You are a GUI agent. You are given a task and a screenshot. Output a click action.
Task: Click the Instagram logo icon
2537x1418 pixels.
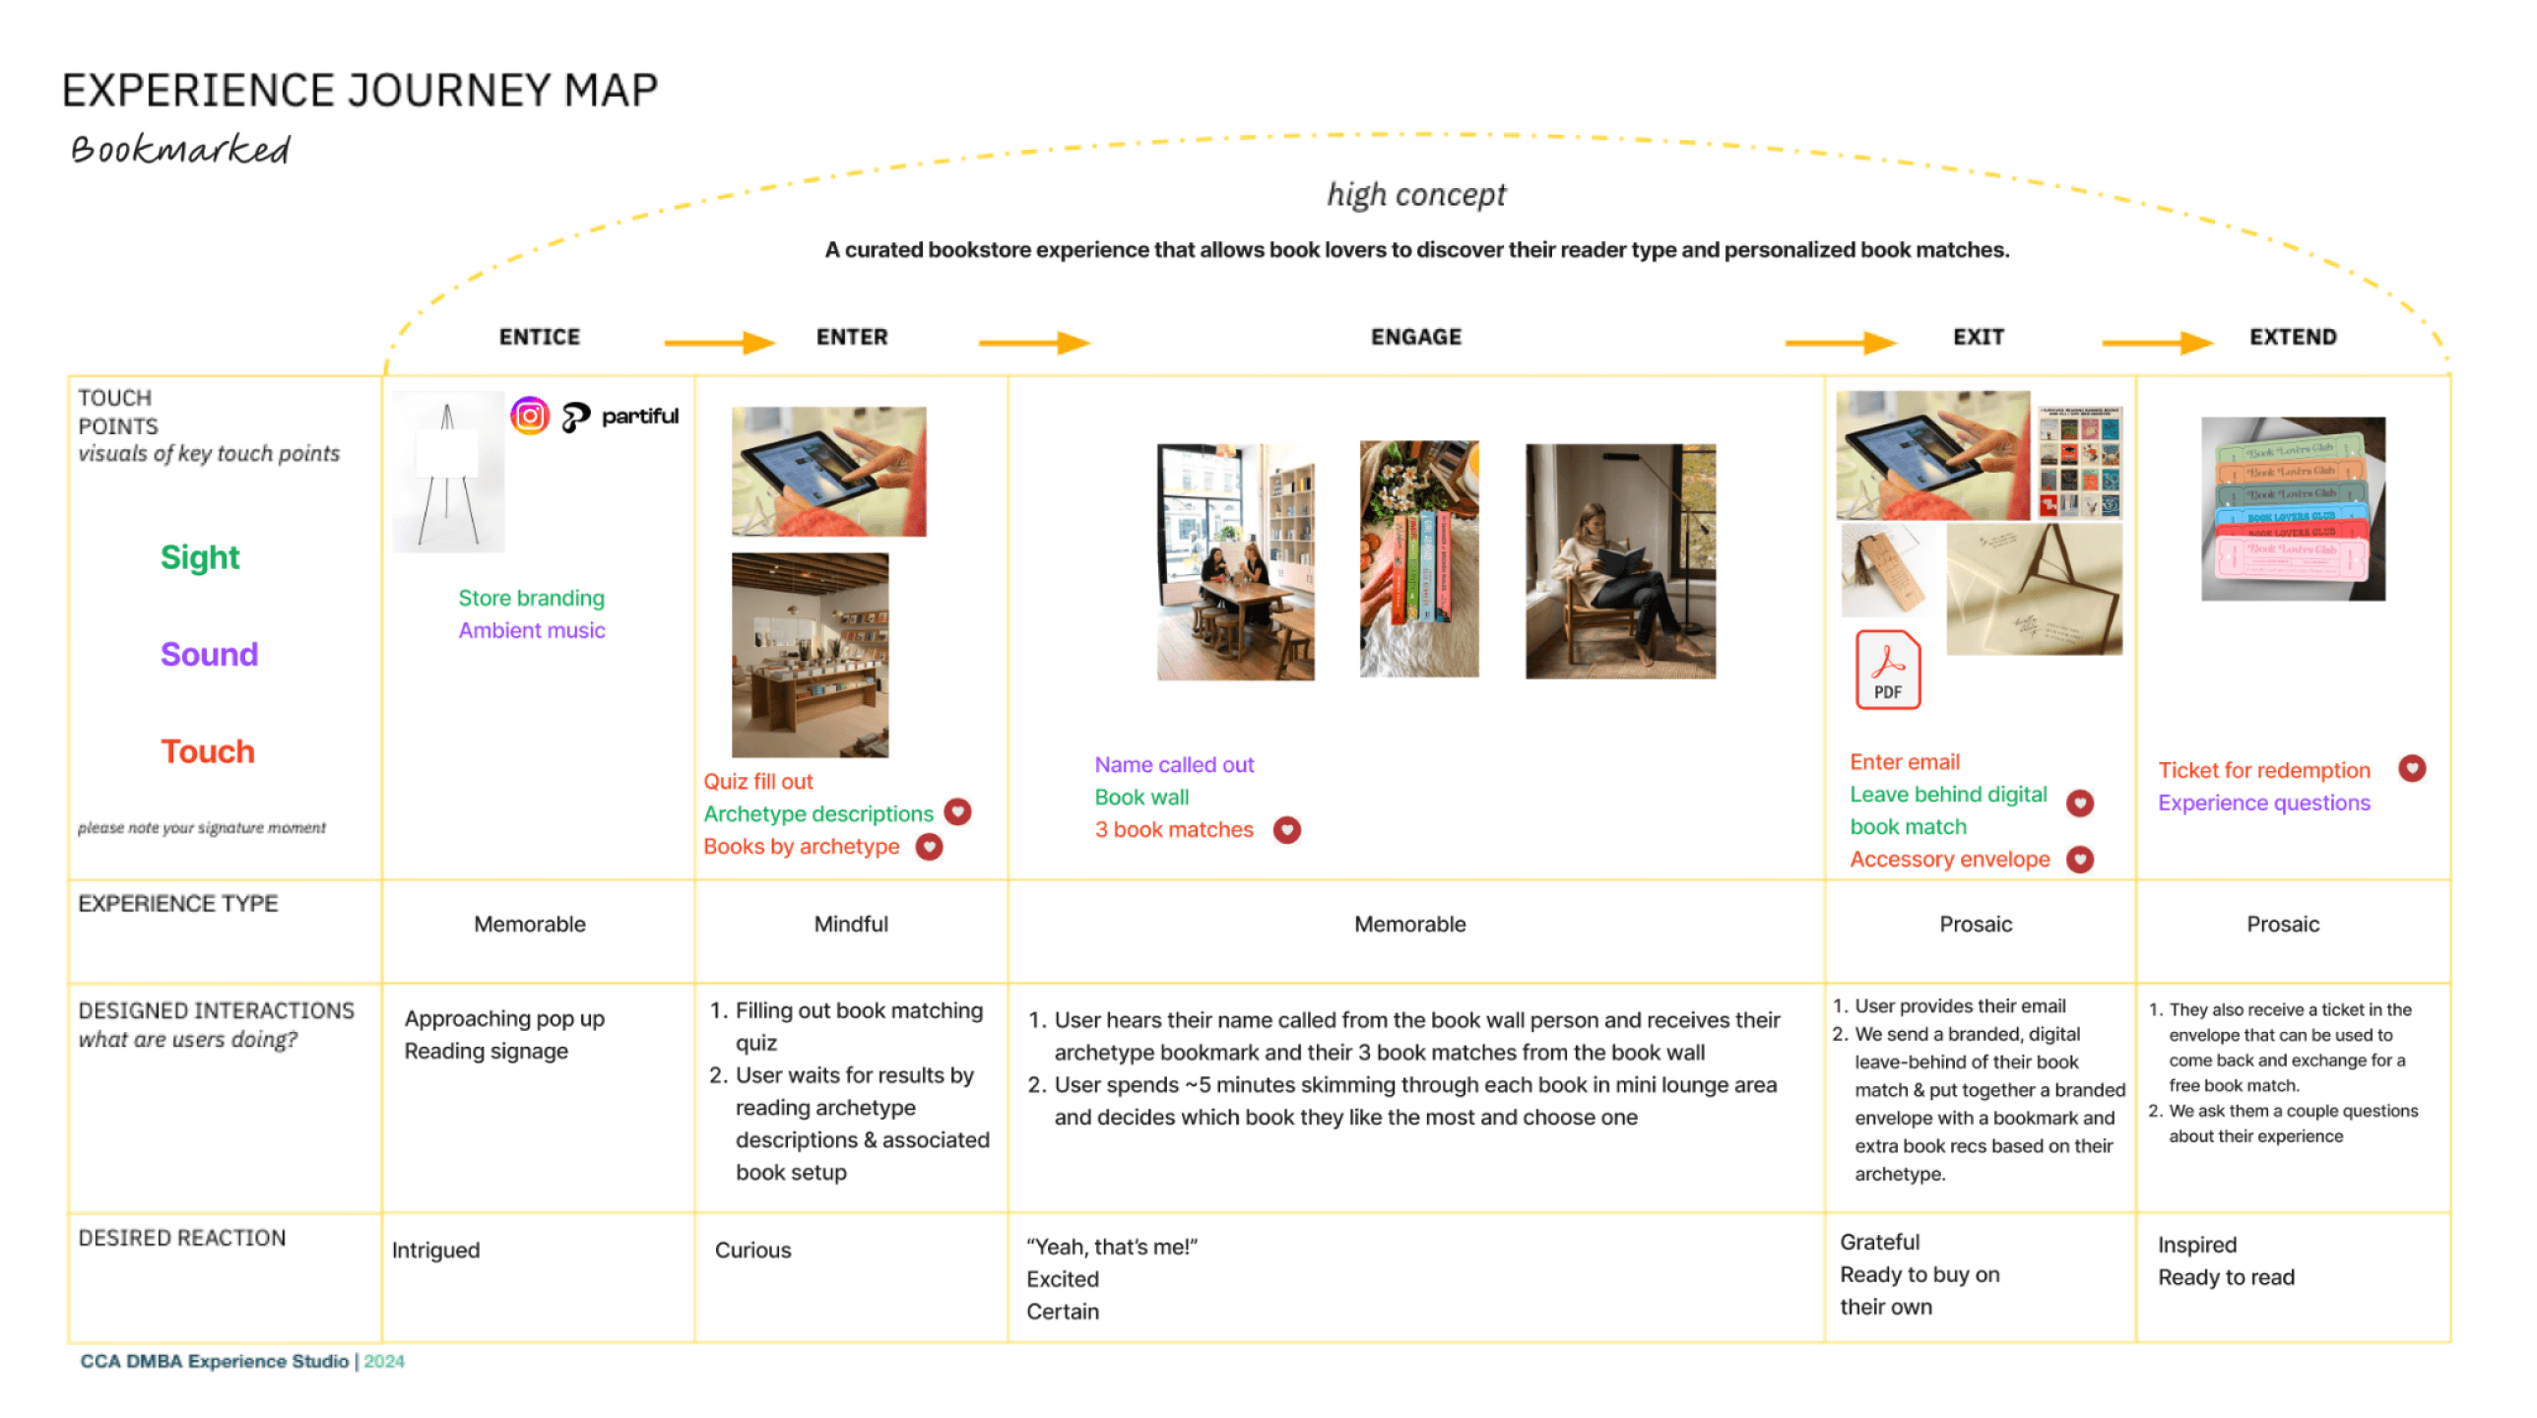(x=530, y=417)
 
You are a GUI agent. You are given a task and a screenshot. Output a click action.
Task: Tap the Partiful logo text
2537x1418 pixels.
(x=638, y=417)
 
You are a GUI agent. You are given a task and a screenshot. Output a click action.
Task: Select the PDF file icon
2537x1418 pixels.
(x=1887, y=671)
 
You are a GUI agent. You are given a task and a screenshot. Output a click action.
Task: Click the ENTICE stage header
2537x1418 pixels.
(x=540, y=338)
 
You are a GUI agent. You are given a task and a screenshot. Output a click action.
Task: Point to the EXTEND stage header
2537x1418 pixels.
(x=2292, y=338)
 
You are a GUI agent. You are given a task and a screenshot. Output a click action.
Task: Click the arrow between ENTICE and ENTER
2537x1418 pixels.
(x=719, y=343)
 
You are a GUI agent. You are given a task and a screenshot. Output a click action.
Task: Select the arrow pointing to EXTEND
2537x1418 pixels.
(x=2157, y=343)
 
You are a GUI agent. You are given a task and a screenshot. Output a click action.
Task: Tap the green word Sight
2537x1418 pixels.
(x=200, y=558)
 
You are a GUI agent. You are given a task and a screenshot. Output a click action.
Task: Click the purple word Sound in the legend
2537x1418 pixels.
(x=209, y=655)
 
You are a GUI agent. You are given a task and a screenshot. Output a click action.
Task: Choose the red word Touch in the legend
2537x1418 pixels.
(x=208, y=752)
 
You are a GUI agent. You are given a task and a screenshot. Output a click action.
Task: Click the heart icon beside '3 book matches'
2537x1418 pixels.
(x=1286, y=831)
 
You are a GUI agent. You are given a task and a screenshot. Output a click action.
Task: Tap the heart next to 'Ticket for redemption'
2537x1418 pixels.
(x=2411, y=769)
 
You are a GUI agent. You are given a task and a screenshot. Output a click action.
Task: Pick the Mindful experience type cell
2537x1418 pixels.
(x=851, y=925)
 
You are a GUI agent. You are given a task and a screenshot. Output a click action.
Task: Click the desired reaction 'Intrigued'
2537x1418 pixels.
(x=435, y=1251)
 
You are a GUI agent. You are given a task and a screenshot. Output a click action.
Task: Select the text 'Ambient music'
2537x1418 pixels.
(x=532, y=631)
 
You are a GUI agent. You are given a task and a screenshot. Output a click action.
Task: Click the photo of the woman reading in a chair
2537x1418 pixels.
(x=1620, y=561)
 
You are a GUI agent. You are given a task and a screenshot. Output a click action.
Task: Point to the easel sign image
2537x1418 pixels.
(x=448, y=473)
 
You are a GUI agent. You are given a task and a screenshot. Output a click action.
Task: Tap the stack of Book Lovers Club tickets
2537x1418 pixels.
(x=2292, y=509)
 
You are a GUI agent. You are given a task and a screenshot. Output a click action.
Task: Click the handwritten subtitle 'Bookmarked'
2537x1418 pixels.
(x=180, y=151)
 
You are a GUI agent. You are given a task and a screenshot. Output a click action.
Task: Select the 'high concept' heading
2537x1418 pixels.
(x=1415, y=195)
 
